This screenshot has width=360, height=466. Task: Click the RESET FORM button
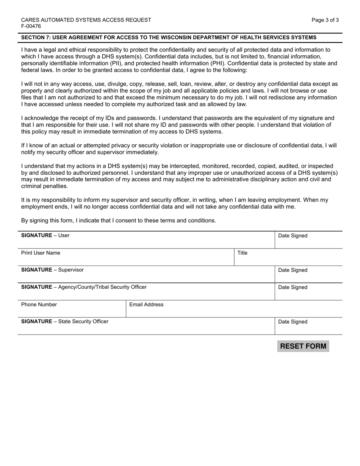click(303, 346)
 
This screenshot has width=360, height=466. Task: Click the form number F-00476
click(31, 26)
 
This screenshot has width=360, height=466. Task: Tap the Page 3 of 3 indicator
click(325, 20)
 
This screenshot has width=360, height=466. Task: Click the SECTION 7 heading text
click(169, 38)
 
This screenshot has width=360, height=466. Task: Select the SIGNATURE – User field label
click(45, 235)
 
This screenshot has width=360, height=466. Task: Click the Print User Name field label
click(41, 253)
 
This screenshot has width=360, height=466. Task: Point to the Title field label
click(242, 253)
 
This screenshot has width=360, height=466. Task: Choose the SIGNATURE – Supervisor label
click(52, 270)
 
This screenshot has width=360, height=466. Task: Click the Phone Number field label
click(39, 304)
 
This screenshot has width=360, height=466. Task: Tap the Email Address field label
click(146, 304)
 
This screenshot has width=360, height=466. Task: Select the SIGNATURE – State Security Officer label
click(64, 321)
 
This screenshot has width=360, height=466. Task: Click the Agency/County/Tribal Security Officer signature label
click(84, 287)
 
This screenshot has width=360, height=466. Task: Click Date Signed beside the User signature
click(293, 236)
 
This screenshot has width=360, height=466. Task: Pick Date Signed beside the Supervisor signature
click(293, 270)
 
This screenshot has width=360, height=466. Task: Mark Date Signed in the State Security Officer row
click(293, 322)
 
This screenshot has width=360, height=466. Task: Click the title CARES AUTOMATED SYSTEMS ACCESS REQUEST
click(86, 20)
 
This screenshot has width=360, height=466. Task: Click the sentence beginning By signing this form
click(119, 220)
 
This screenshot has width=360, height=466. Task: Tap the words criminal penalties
click(44, 186)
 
